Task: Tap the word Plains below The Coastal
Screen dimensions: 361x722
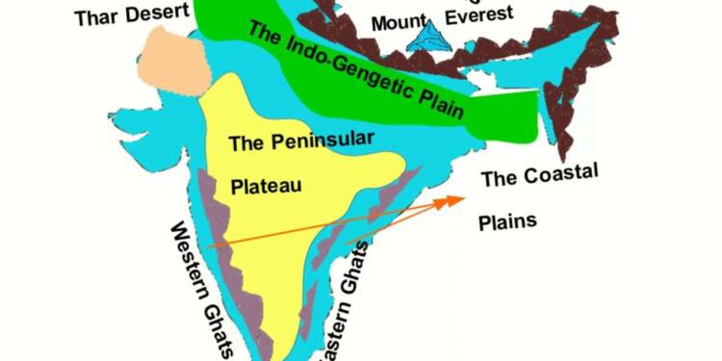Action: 507,221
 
